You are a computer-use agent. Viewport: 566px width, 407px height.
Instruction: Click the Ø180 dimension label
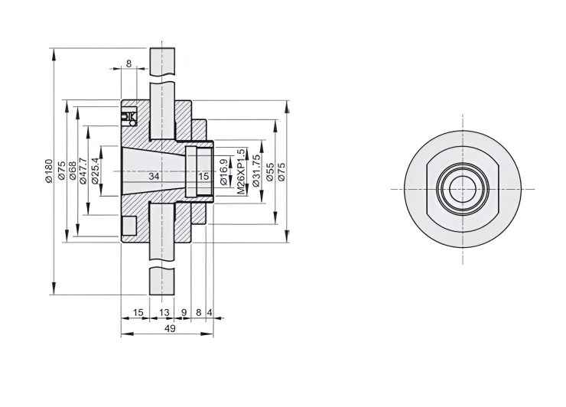[x=49, y=171]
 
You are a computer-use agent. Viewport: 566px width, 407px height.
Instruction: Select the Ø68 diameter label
[x=72, y=171]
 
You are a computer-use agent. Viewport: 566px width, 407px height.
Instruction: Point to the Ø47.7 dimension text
[x=83, y=171]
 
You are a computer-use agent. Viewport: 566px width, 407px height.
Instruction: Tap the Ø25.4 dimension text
[x=95, y=171]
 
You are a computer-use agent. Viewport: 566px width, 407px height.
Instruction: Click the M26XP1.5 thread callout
[x=242, y=172]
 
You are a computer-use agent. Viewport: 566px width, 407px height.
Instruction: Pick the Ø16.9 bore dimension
[x=224, y=172]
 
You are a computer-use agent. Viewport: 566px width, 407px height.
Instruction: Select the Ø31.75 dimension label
[x=257, y=171]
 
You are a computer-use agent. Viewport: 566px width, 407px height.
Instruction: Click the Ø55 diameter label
[x=270, y=172]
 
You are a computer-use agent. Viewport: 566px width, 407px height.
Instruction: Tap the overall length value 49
[x=170, y=329]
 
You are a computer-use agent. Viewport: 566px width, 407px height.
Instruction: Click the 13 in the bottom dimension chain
[x=164, y=312]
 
